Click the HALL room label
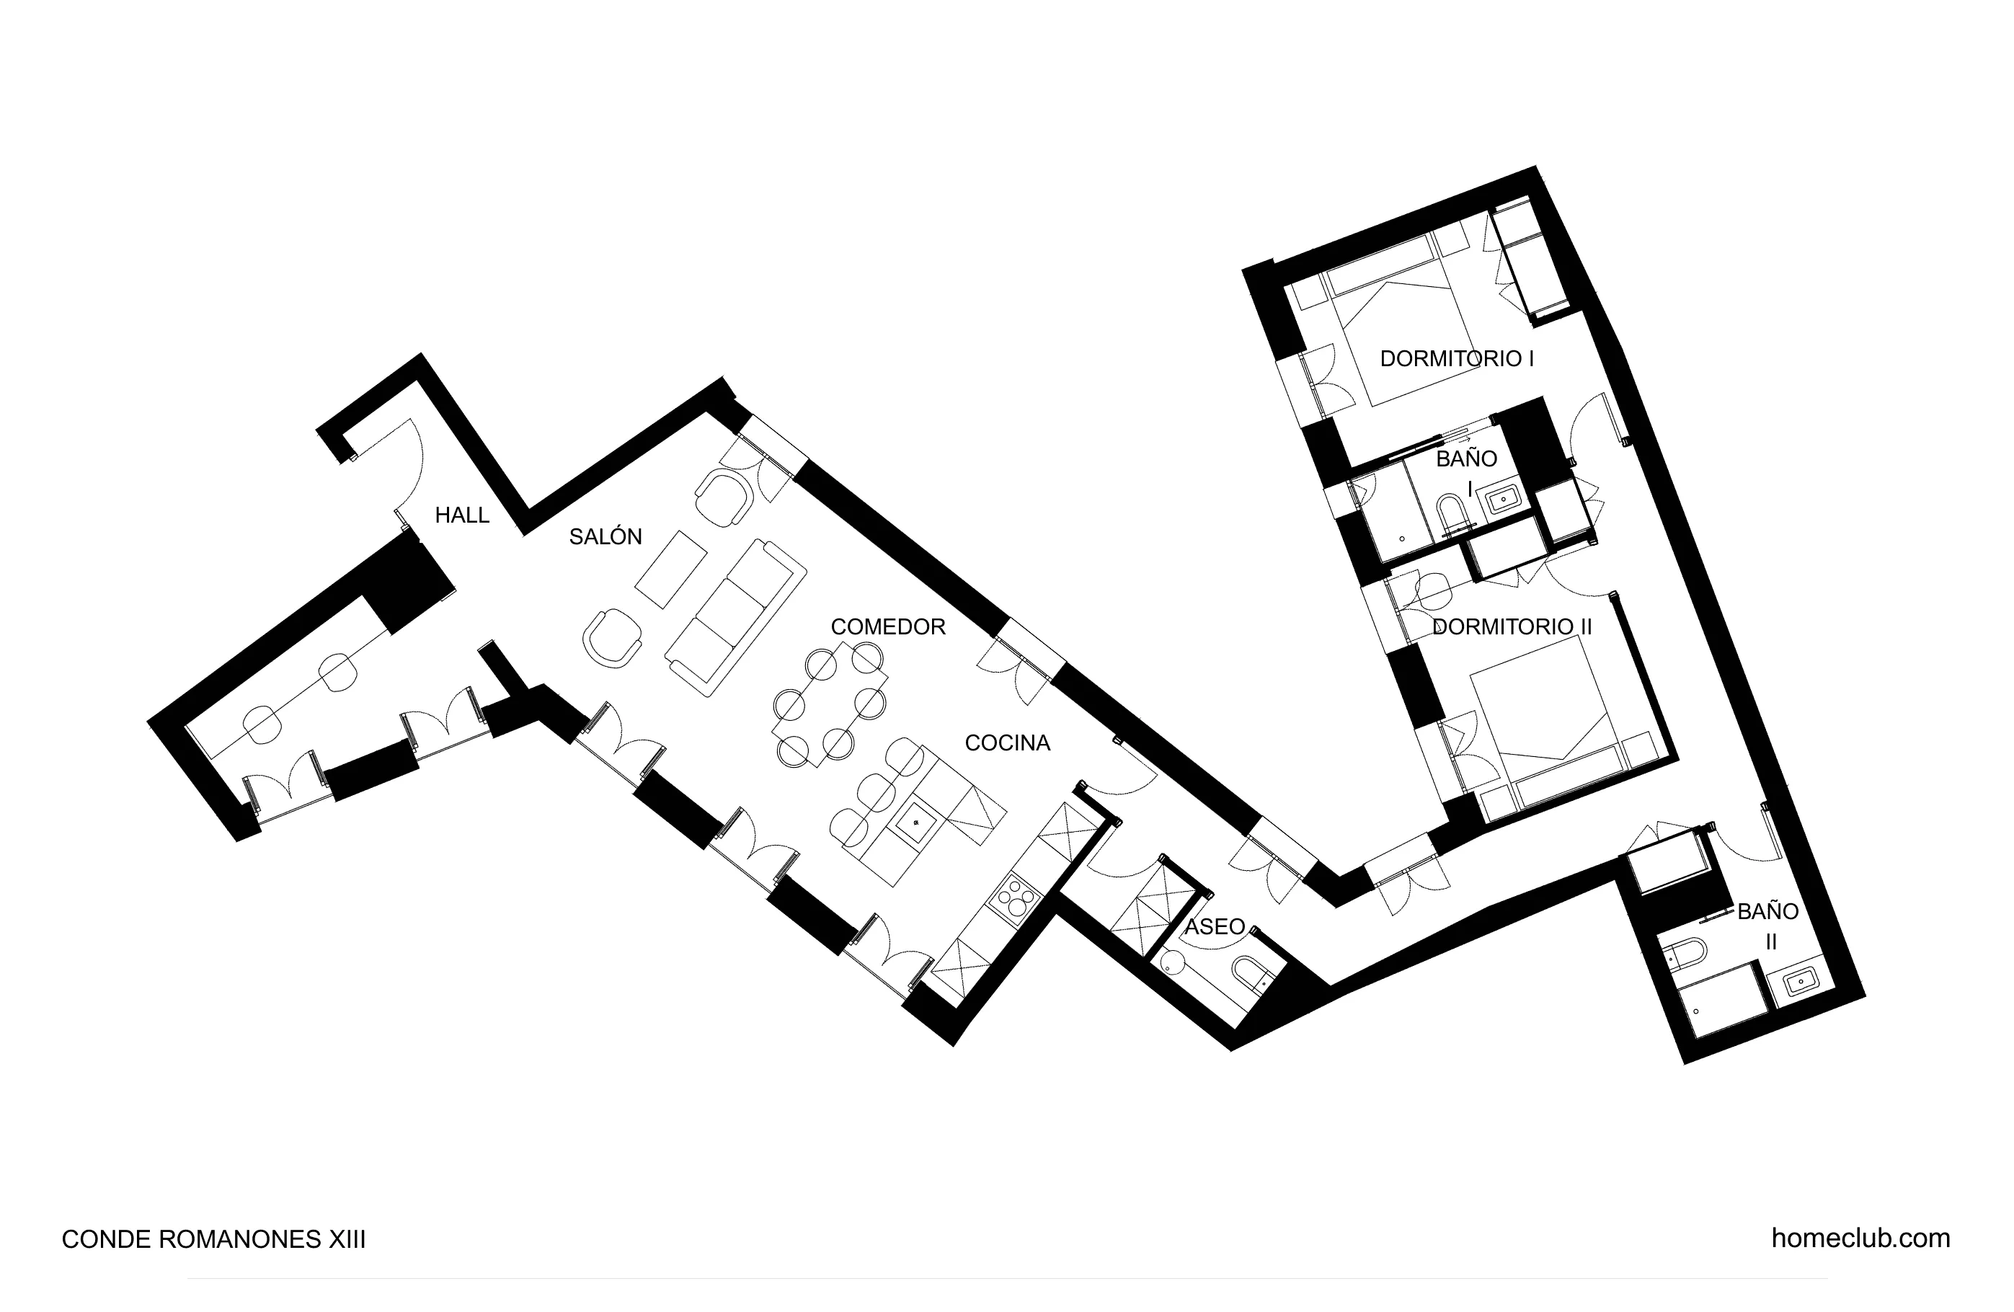point(462,515)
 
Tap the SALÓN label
point(605,536)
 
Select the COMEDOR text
point(887,626)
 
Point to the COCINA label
point(1007,743)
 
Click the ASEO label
point(1215,926)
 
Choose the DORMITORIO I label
point(1456,358)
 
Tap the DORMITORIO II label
point(1512,626)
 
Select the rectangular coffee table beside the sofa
point(671,569)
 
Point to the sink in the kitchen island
point(915,821)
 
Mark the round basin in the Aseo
point(1173,962)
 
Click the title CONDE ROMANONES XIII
point(213,1239)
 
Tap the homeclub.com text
point(1860,1238)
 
